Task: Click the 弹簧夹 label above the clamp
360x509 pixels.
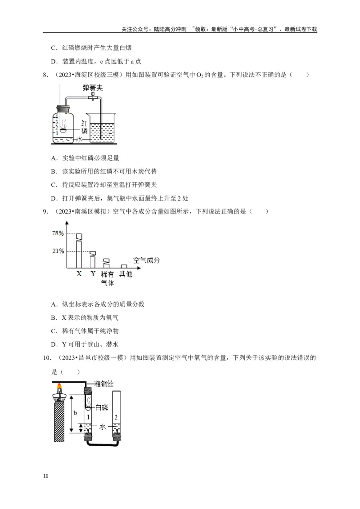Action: pyautogui.click(x=92, y=88)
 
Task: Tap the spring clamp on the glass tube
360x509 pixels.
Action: pyautogui.click(x=94, y=96)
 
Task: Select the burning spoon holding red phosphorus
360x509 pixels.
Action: pyautogui.click(x=65, y=130)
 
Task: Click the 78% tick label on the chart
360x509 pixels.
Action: pyautogui.click(x=58, y=233)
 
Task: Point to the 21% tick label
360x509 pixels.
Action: pyautogui.click(x=58, y=251)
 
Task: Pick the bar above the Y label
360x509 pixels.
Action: pyautogui.click(x=93, y=260)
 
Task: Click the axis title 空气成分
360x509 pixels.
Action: pyautogui.click(x=147, y=260)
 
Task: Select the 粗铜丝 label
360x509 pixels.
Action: pyautogui.click(x=103, y=384)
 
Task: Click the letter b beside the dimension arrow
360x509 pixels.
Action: pyautogui.click(x=75, y=412)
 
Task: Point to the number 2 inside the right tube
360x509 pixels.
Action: pyautogui.click(x=116, y=418)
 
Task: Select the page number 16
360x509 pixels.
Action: pyautogui.click(x=45, y=476)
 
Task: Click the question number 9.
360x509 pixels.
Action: pyautogui.click(x=45, y=211)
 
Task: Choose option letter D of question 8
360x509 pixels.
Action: pyautogui.click(x=54, y=198)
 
